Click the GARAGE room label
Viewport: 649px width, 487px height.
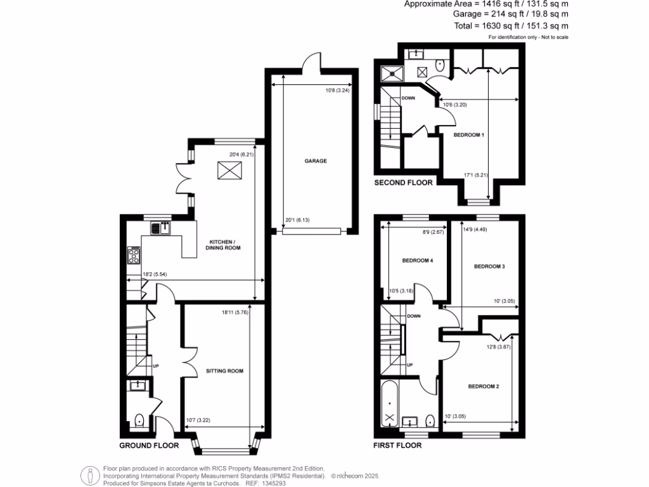[x=316, y=161]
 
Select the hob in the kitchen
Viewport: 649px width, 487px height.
[x=134, y=255]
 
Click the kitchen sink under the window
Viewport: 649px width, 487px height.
[x=163, y=228]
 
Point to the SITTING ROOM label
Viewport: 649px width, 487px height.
[x=224, y=371]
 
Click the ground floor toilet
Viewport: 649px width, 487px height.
[x=139, y=419]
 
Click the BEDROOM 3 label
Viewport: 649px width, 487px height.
[x=489, y=266]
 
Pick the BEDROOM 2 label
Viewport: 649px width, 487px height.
[x=484, y=386]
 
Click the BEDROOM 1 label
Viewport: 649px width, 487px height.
[x=469, y=135]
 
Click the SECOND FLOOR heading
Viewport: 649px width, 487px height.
[x=403, y=183]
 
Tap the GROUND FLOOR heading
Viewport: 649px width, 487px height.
[x=149, y=446]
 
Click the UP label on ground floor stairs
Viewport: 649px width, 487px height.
[x=155, y=366]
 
